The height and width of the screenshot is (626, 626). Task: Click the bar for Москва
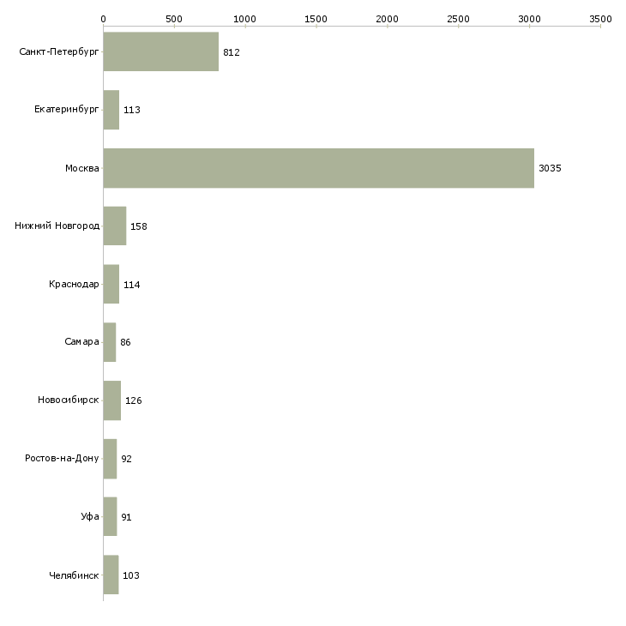pyautogui.click(x=318, y=168)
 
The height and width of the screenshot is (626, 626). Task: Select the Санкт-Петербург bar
pyautogui.click(x=160, y=52)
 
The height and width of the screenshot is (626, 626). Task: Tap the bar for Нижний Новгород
pyautogui.click(x=114, y=226)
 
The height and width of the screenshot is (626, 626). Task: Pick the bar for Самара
pyautogui.click(x=109, y=342)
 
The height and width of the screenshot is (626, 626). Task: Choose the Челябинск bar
pyautogui.click(x=111, y=575)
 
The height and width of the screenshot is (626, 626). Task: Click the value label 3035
pyautogui.click(x=550, y=168)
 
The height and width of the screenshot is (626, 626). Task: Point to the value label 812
pyautogui.click(x=231, y=52)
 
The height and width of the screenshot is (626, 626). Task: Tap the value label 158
pyautogui.click(x=139, y=226)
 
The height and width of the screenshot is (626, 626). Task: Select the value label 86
pyautogui.click(x=125, y=342)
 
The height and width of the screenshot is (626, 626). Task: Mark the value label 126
pyautogui.click(x=134, y=400)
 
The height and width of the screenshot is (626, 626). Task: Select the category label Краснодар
pyautogui.click(x=74, y=284)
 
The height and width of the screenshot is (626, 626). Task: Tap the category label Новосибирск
pyautogui.click(x=69, y=400)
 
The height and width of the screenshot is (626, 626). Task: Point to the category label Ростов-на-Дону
pyautogui.click(x=63, y=458)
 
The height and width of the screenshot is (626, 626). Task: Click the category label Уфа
pyautogui.click(x=90, y=516)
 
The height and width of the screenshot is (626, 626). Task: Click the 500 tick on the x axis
pyautogui.click(x=174, y=18)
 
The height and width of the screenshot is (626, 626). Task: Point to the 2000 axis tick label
pyautogui.click(x=387, y=18)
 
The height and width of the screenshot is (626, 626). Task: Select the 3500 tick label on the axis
pyautogui.click(x=600, y=18)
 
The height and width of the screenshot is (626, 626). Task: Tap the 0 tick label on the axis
pyautogui.click(x=103, y=18)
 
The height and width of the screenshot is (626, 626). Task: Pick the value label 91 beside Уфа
pyautogui.click(x=126, y=517)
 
